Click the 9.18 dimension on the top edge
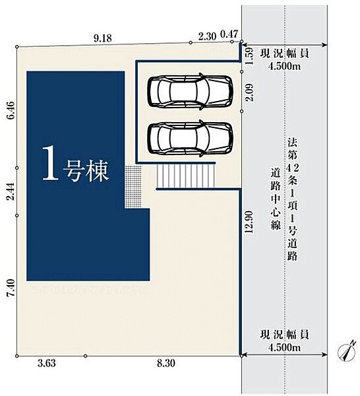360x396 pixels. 102,38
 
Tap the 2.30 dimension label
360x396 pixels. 207,36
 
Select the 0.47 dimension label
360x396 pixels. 229,34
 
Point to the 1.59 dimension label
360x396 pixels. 249,57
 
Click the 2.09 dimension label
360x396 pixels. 249,92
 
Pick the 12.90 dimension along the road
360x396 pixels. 249,222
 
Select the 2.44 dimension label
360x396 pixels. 12,191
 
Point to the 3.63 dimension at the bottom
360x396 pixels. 47,364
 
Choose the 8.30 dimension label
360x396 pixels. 166,364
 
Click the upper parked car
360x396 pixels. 190,91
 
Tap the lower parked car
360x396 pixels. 190,138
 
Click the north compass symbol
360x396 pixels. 347,350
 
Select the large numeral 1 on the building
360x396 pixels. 51,163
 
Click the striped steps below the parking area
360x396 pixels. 186,176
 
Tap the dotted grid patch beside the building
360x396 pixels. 133,187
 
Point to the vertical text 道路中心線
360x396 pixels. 276,199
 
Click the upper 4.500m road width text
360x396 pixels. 284,67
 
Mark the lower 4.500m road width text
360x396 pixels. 284,348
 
